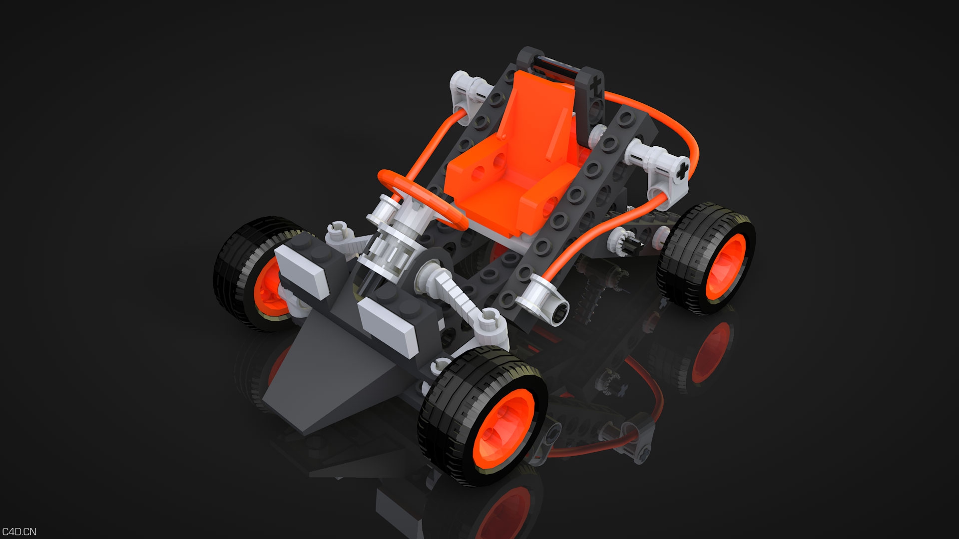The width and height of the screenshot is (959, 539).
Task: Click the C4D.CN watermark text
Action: click(19, 532)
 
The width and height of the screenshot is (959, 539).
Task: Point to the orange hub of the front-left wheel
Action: click(270, 289)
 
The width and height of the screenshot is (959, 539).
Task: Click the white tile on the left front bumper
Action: click(302, 269)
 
